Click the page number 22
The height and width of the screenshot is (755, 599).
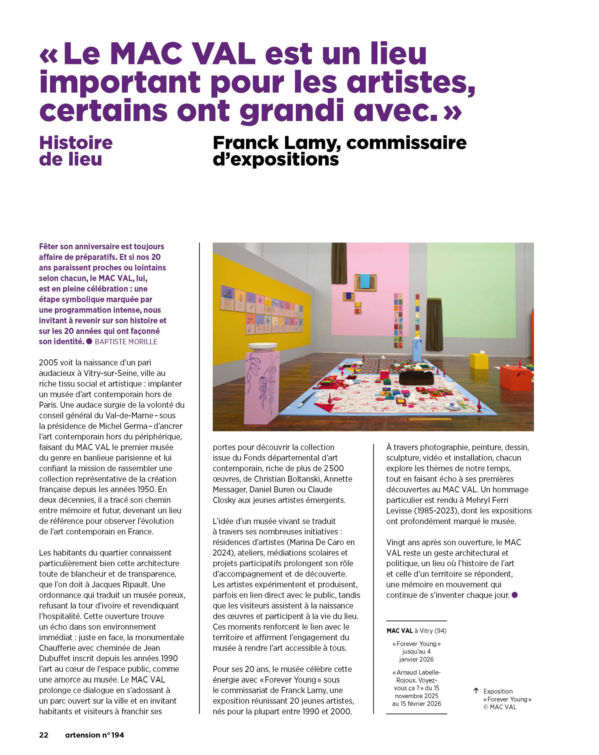(x=44, y=735)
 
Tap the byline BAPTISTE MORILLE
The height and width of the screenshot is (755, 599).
(x=126, y=341)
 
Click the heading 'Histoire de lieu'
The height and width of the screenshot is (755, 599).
(x=76, y=151)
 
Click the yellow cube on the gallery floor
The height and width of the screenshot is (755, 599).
(x=479, y=360)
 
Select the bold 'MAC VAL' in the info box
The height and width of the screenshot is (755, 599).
(x=399, y=631)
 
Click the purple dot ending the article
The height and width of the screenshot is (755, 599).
(x=515, y=595)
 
